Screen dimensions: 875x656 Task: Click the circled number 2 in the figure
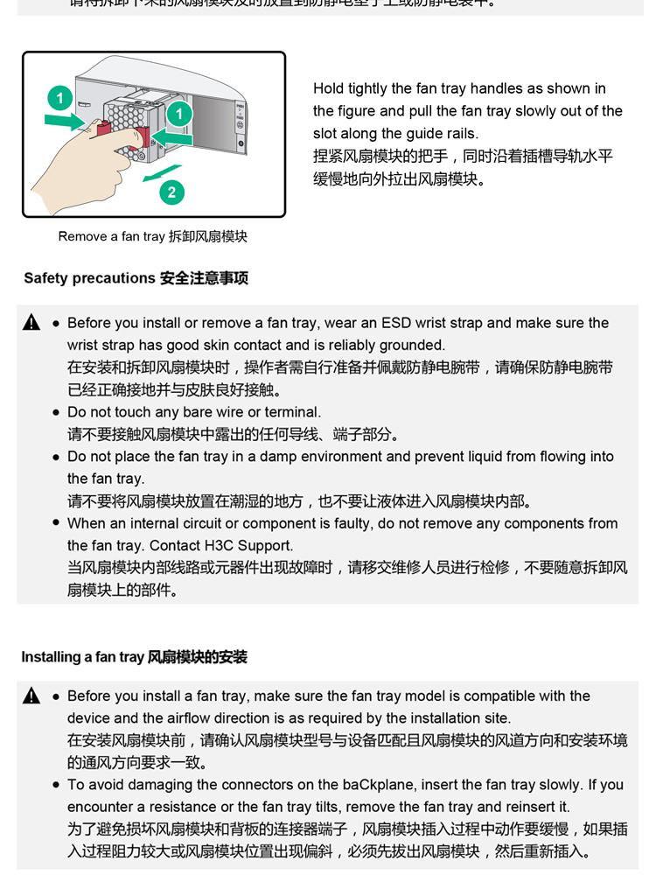click(171, 192)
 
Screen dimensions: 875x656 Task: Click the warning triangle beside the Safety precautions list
click(32, 323)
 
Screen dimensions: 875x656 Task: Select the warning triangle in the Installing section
click(32, 696)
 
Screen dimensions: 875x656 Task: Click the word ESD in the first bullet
click(464, 323)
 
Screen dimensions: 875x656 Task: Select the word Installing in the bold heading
click(51, 657)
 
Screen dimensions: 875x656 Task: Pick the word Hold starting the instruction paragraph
click(329, 88)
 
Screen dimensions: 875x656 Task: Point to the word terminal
click(292, 412)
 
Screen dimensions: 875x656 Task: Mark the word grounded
click(409, 346)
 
